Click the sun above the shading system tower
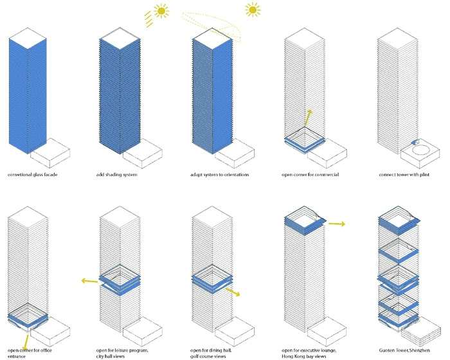161,11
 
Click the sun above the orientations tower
253,10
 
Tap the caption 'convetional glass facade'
32,175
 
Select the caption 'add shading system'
116,175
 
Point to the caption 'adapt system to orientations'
220,175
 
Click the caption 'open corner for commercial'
310,175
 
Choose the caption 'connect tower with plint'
404,175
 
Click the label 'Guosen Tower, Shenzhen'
404,350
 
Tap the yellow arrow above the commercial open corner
307,118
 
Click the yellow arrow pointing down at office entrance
26,341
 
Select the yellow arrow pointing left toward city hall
89,281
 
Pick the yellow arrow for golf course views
233,292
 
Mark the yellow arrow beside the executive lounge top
337,224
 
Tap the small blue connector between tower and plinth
415,141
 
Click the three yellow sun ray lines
148,19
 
